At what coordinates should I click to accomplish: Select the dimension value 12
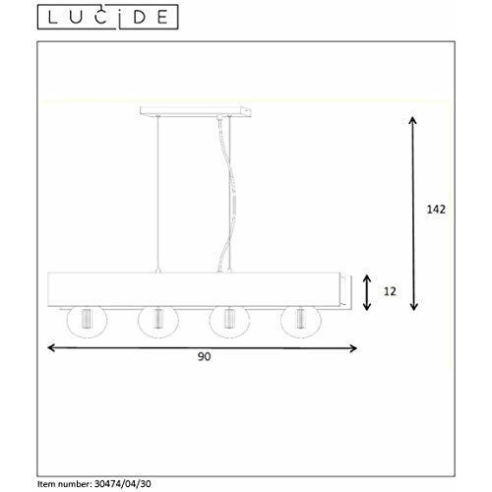tap(392, 292)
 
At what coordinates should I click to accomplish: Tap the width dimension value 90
tap(204, 357)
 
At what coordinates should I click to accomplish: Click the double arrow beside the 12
tap(366, 292)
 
